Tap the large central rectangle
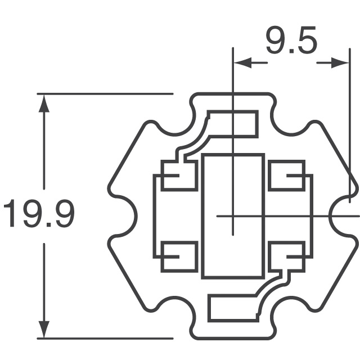click(x=233, y=216)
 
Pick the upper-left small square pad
click(x=179, y=175)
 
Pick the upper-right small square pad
click(x=287, y=175)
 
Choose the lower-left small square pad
click(x=179, y=256)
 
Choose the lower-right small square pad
click(x=287, y=256)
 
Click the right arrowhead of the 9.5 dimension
click(x=340, y=63)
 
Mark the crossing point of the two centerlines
click(x=233, y=215)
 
